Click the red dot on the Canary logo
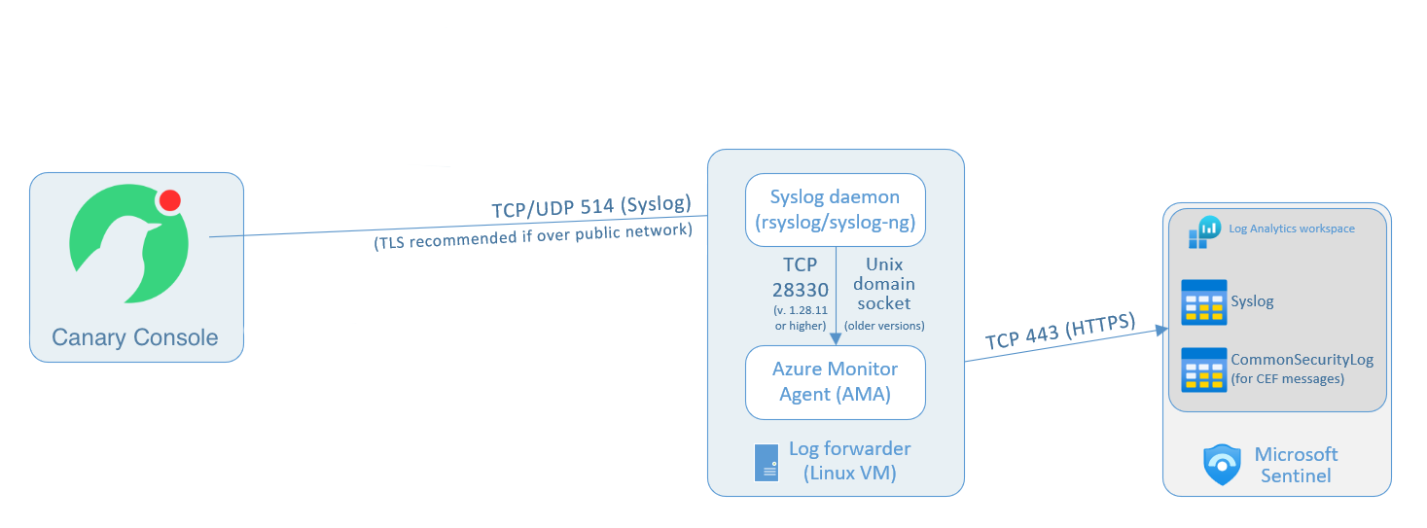169,200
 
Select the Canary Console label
135,338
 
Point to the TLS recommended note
533,236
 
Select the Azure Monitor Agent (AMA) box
835,382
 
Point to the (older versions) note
884,325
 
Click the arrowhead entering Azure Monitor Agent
836,338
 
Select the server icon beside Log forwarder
767,462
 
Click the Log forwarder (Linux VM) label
849,461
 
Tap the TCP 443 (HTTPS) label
1059,330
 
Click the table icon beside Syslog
1202,302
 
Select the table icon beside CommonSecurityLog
1202,370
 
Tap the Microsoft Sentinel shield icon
1223,465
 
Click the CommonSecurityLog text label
1302,360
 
